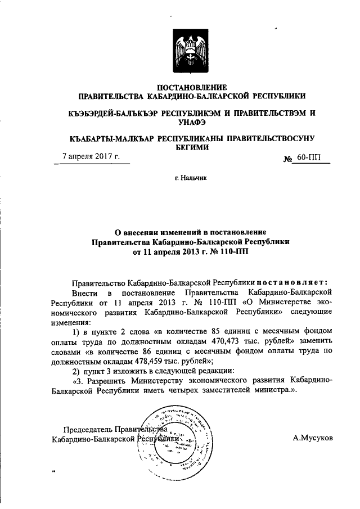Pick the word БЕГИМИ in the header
point(191,148)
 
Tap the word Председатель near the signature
point(89,429)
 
